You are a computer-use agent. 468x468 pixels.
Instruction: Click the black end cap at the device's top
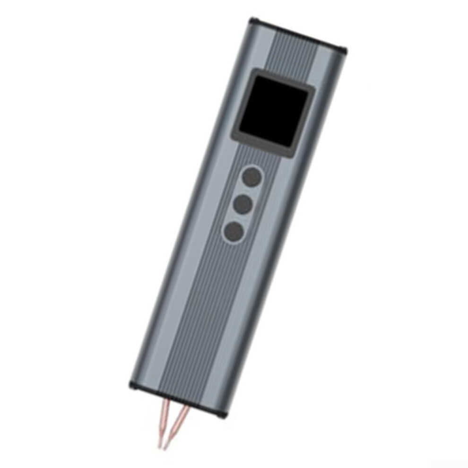pyautogui.click(x=298, y=34)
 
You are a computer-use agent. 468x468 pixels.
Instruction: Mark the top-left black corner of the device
pyautogui.click(x=253, y=22)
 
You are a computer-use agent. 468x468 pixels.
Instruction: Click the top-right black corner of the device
pyautogui.click(x=342, y=50)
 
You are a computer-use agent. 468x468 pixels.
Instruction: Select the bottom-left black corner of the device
pyautogui.click(x=133, y=384)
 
